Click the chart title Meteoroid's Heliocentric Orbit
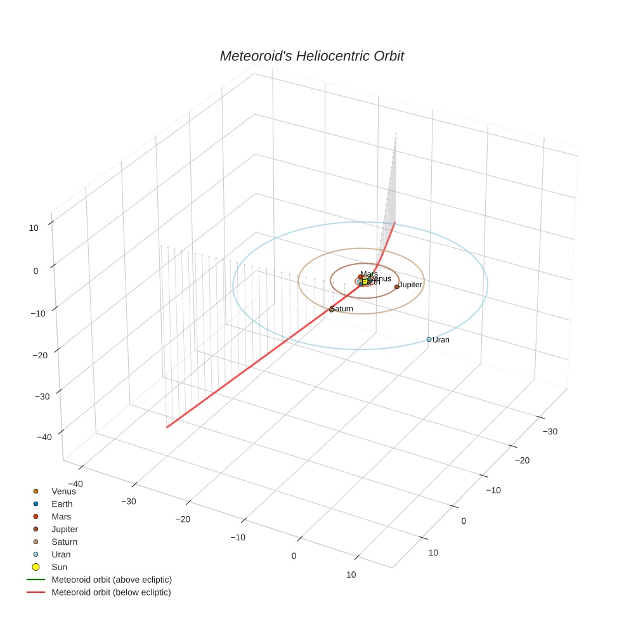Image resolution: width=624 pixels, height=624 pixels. coord(311,56)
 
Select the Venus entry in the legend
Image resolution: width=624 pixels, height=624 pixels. coord(63,491)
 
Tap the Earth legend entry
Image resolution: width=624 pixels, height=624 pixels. coord(62,504)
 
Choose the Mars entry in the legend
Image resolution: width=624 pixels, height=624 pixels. coord(61,517)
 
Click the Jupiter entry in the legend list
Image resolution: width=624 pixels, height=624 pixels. coord(65,530)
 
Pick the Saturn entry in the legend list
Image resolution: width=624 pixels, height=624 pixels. coord(64,542)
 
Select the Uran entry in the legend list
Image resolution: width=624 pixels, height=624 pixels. coord(61,554)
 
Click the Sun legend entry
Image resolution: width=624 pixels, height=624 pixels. coord(59,567)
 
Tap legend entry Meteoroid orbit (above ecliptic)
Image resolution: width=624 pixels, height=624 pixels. coord(112,580)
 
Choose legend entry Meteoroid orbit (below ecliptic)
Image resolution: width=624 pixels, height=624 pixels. coord(111,592)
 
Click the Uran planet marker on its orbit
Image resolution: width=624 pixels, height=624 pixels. coord(429,339)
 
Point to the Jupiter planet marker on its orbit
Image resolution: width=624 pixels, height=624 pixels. coord(397,287)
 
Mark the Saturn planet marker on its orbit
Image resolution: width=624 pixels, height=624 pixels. coord(332,309)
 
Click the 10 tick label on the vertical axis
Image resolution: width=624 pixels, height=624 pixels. coord(34,228)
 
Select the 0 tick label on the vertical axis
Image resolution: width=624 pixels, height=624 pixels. coord(36,271)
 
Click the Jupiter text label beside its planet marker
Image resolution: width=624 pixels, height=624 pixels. coord(410,285)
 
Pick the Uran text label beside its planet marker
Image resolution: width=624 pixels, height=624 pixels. coord(441,340)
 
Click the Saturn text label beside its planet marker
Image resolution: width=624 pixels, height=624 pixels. coord(342,309)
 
